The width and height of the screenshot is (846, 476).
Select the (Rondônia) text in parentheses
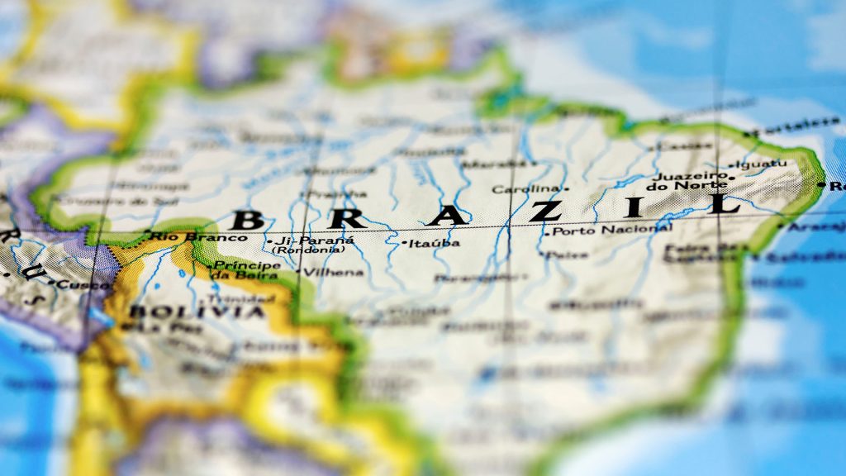(308, 250)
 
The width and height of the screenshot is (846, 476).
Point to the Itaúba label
(435, 243)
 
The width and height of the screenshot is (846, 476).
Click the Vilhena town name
(334, 272)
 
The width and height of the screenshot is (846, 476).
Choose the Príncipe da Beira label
(247, 270)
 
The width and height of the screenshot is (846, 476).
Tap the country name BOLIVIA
(197, 312)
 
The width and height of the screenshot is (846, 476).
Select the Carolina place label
(525, 189)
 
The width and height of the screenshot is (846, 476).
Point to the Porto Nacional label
(612, 230)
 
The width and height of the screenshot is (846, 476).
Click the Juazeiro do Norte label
(691, 181)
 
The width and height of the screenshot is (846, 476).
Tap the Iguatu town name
(761, 164)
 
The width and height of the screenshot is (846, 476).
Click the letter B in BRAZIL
(247, 220)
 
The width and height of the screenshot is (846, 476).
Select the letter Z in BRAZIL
(545, 211)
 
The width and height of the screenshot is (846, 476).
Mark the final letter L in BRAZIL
(725, 203)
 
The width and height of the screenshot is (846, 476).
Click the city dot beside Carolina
(566, 189)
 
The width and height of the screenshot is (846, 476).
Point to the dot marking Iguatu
(732, 165)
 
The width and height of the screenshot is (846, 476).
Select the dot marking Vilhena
(298, 271)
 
